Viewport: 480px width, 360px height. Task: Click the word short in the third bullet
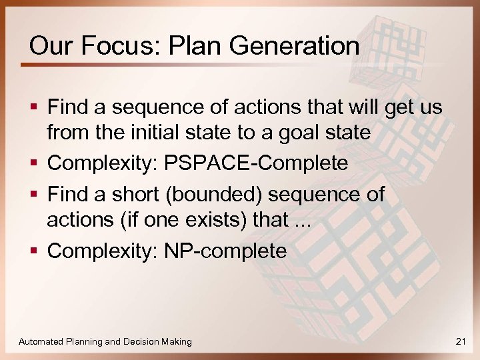click(x=137, y=194)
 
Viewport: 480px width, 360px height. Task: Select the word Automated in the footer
click(x=41, y=341)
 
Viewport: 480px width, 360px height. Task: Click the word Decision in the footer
click(x=143, y=341)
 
